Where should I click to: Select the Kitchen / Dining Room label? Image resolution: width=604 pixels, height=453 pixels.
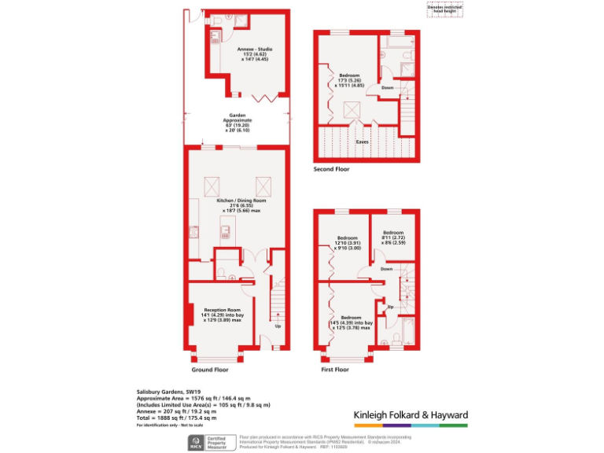click(x=237, y=206)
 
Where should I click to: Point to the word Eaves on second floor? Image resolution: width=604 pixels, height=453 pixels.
click(x=362, y=142)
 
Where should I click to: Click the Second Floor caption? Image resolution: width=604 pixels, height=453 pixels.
click(x=331, y=168)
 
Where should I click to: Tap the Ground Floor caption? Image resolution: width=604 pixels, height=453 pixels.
click(x=210, y=369)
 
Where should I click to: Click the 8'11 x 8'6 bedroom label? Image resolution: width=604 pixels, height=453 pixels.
click(x=394, y=238)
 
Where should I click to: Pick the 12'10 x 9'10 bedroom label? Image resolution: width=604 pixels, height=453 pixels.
click(x=348, y=243)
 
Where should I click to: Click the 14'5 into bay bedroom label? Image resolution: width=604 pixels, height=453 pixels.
click(x=350, y=322)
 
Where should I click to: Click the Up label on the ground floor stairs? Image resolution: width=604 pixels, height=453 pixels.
click(x=278, y=325)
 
